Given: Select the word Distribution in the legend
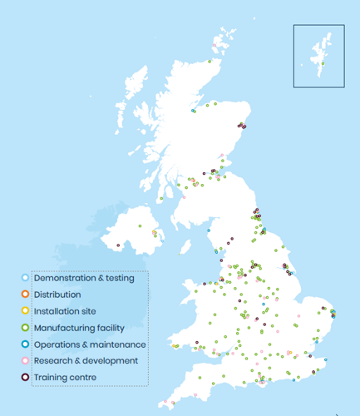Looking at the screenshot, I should click(x=57, y=294).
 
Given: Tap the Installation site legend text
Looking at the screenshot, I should click(x=68, y=310).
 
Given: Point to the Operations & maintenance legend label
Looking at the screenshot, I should click(x=90, y=344).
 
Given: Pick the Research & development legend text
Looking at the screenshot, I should click(x=86, y=360).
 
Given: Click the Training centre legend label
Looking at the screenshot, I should click(x=65, y=377).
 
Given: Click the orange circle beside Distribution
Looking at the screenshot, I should click(x=25, y=294).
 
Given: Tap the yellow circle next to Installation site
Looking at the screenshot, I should click(x=25, y=310).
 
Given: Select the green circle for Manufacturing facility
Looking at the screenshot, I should click(x=25, y=327).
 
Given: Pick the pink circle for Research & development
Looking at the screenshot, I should click(x=25, y=360).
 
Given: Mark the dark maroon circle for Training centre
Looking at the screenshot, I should click(x=25, y=377).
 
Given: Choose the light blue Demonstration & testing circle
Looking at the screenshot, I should click(x=25, y=277).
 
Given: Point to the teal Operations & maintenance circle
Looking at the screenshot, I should click(x=25, y=344).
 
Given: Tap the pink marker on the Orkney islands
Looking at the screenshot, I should click(x=220, y=39).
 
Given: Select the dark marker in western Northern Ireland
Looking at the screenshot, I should click(x=118, y=245).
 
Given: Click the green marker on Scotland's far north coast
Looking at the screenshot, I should click(x=210, y=61).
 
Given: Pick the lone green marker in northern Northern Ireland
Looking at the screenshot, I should click(x=141, y=225).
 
